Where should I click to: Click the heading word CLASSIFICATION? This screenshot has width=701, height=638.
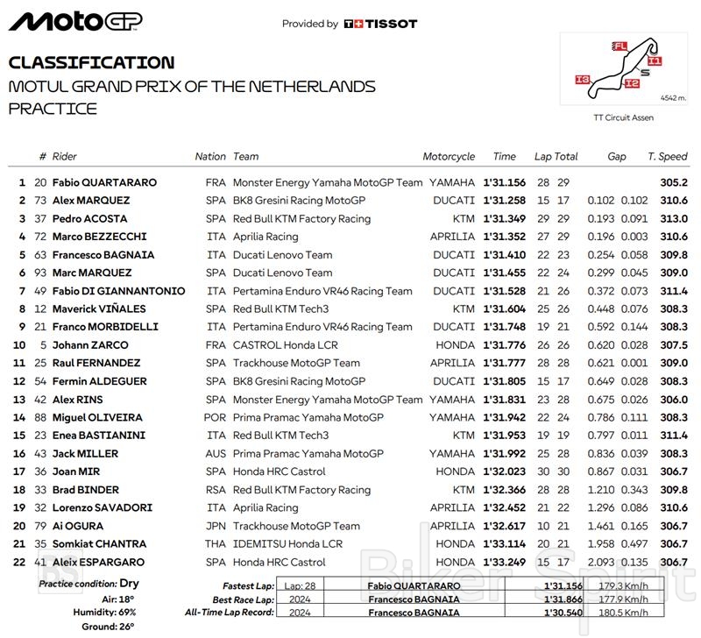pyautogui.click(x=91, y=62)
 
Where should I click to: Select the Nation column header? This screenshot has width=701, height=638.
pyautogui.click(x=210, y=157)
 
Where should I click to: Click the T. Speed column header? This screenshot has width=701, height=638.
pyautogui.click(x=668, y=157)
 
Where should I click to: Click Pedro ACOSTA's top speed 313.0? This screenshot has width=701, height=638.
pyautogui.click(x=673, y=219)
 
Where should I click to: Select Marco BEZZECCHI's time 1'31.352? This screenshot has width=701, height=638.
pyautogui.click(x=504, y=237)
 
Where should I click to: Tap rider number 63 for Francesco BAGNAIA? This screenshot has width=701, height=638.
pyautogui.click(x=40, y=255)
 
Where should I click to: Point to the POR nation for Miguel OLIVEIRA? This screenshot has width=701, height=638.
pyautogui.click(x=216, y=418)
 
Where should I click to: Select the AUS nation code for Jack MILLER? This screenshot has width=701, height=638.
pyautogui.click(x=216, y=454)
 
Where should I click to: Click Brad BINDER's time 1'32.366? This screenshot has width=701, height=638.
pyautogui.click(x=504, y=490)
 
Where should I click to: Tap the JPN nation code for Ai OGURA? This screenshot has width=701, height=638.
pyautogui.click(x=216, y=527)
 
